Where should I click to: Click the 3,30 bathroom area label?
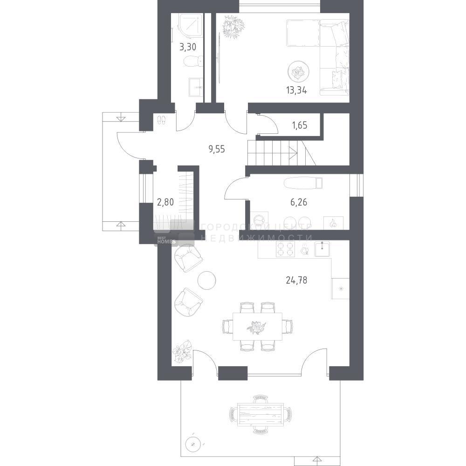pos(188,47)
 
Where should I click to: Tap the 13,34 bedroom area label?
pos(296,90)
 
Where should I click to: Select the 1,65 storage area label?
pos(300,125)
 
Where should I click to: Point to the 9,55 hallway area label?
pos(217,149)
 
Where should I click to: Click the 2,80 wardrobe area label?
pos(165,202)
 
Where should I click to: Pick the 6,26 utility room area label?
pos(299,202)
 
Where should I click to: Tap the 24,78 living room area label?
pos(296,280)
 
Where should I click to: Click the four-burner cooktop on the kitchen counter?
pos(285,249)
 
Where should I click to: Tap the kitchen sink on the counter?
pos(322,249)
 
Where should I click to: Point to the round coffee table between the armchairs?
pos(207,280)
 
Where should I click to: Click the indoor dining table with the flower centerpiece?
pos(257,326)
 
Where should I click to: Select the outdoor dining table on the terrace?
pos(260,414)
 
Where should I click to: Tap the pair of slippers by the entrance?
pos(161,120)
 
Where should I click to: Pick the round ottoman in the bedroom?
pos(298,71)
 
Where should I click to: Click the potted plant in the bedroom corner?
pos(233,27)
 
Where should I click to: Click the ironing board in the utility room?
pos(303,183)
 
